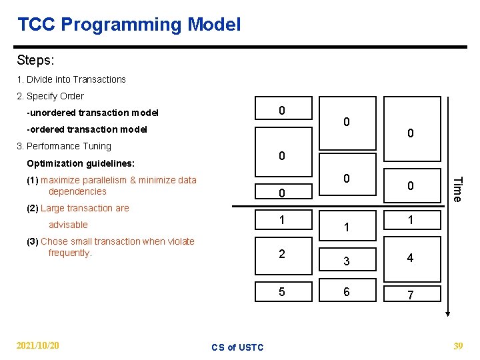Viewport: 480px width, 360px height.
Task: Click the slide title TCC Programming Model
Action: click(129, 25)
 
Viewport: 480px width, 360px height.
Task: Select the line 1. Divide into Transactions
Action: click(71, 79)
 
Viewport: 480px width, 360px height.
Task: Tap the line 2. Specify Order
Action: click(51, 96)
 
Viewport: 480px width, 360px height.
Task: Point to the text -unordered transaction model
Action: click(93, 113)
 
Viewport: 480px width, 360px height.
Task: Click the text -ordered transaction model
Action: click(87, 129)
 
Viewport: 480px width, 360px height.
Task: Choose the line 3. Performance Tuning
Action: click(64, 146)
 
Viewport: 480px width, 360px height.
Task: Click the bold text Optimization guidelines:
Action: click(81, 163)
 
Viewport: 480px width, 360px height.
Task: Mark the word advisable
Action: click(68, 225)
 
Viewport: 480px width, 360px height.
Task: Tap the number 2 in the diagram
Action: click(282, 254)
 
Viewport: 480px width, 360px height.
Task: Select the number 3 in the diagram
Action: click(347, 261)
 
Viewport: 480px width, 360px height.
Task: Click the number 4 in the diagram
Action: click(410, 258)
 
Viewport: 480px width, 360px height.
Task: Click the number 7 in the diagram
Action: click(410, 295)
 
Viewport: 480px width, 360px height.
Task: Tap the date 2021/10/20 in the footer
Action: click(37, 345)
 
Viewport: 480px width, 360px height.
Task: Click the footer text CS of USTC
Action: click(237, 347)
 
